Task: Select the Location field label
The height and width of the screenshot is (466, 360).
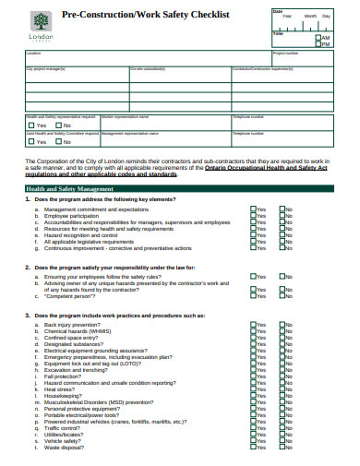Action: point(33,54)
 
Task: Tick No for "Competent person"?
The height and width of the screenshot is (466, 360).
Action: point(282,296)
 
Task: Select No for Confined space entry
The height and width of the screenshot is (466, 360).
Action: point(282,338)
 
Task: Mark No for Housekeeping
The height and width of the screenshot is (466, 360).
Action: point(282,396)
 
